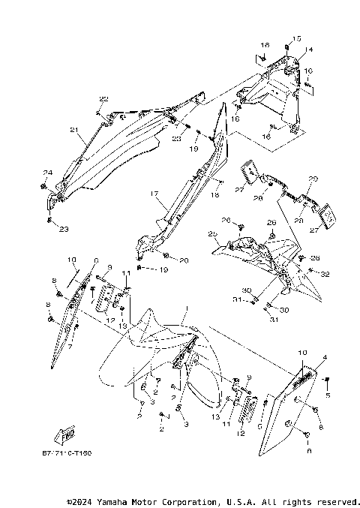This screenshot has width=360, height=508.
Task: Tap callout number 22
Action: point(103,99)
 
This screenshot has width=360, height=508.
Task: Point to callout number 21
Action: point(73,130)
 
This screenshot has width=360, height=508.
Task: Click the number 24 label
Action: point(46,173)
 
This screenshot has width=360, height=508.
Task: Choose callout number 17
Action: point(153,194)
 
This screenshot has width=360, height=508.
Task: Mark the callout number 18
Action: point(214,194)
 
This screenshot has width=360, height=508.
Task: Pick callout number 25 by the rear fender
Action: point(212,234)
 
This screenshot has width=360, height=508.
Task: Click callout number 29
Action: point(313,179)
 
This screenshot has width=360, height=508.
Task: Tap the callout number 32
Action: point(325,275)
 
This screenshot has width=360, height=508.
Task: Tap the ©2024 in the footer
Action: point(79,500)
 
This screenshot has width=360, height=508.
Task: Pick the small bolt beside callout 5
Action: point(327,380)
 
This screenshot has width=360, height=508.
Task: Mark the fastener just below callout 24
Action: point(46,185)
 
